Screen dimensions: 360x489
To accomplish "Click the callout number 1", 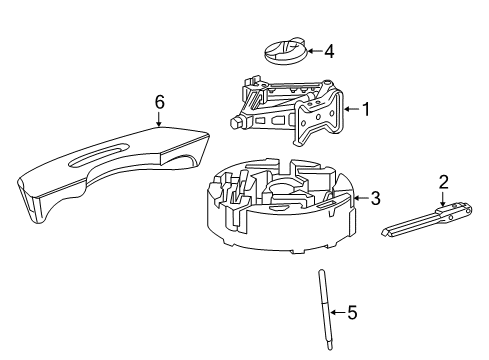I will (365, 109).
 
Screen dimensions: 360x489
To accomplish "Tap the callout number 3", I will (375, 199).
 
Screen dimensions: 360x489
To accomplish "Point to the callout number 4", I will (329, 50).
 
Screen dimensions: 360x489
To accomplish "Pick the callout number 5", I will (351, 313).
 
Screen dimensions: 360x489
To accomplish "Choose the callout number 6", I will (159, 100).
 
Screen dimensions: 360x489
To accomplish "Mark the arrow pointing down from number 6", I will (159, 119).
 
